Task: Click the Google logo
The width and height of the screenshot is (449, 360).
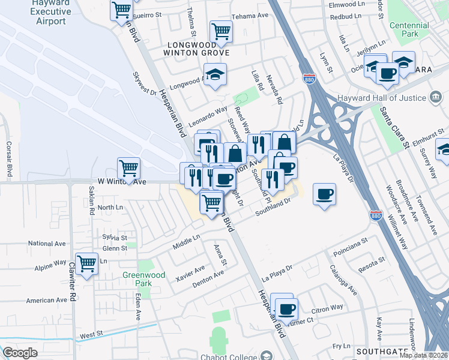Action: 20,353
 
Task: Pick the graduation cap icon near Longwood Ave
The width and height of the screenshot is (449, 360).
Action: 214,74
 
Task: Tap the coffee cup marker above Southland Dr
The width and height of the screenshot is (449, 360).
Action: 324,194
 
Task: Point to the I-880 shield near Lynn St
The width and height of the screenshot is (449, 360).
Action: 309,79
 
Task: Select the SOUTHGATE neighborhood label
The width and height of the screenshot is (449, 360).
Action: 378,351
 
